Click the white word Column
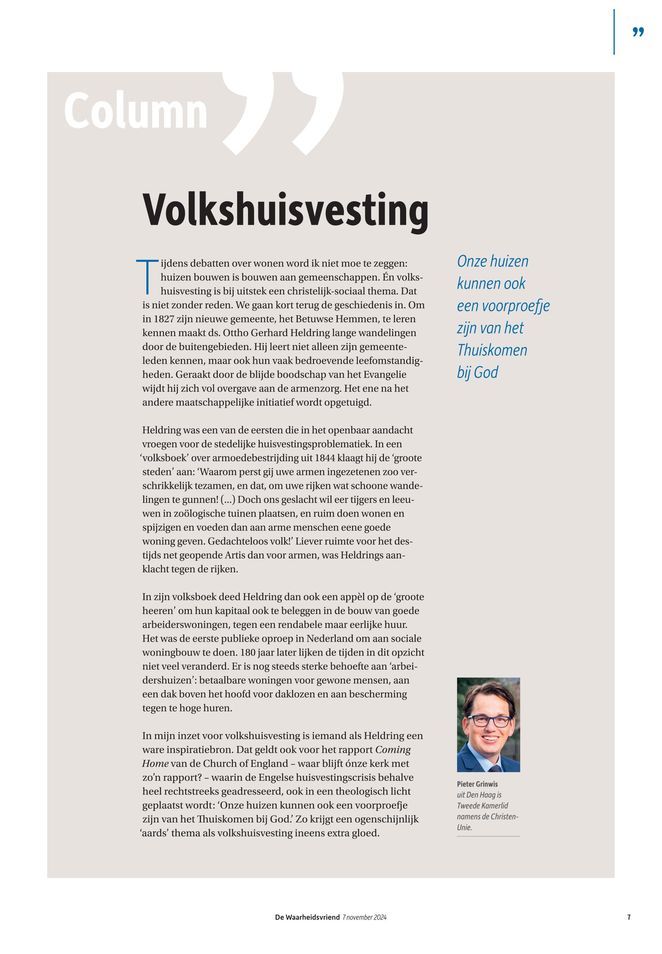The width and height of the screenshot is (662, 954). pos(136,111)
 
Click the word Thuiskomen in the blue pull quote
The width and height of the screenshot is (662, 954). pos(492,350)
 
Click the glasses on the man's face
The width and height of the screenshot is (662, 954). pos(490,721)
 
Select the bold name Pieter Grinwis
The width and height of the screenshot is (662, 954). pos(477,784)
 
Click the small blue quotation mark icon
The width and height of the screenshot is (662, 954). pos(638,32)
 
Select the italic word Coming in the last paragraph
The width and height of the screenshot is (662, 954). pos(393,750)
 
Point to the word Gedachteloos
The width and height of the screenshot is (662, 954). pos(238,542)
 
